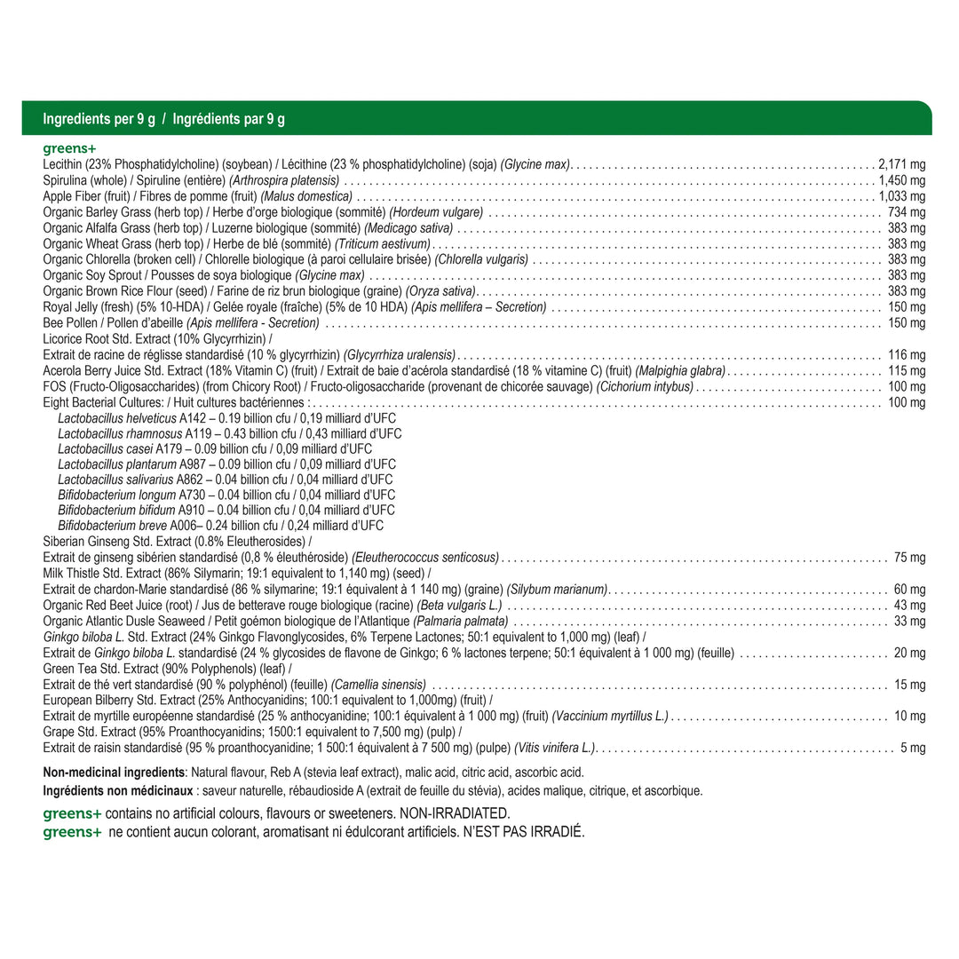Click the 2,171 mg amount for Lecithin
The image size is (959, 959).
(x=901, y=164)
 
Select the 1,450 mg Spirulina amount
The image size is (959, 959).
(x=901, y=180)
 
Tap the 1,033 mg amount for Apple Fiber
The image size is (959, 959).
(x=901, y=196)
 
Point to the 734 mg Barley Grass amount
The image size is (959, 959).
(x=906, y=212)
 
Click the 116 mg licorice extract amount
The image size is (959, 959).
(x=906, y=354)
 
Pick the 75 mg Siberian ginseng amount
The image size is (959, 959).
(x=909, y=558)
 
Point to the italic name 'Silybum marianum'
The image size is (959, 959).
(x=557, y=590)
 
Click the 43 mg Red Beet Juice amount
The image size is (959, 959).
(x=909, y=605)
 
